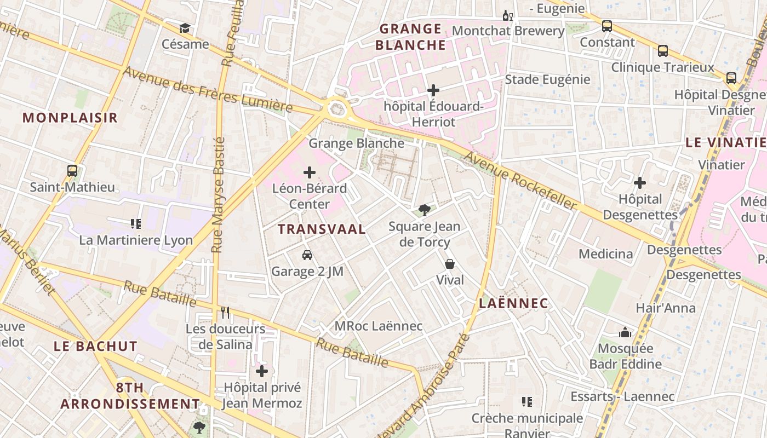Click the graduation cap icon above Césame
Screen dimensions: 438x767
tap(185, 28)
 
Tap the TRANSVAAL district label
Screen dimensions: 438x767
tap(322, 229)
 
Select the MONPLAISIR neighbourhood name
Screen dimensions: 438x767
tap(70, 117)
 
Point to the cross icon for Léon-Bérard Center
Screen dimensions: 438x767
tap(310, 173)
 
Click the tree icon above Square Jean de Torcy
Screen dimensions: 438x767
tap(424, 210)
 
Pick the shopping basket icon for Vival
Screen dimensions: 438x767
tap(450, 264)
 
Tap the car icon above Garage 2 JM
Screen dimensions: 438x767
tap(307, 255)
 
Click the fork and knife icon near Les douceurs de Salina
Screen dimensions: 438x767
tap(225, 313)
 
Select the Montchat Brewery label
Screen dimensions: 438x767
tap(508, 31)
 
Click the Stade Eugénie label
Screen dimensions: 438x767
tap(547, 79)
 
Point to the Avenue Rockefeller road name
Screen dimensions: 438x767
tap(520, 181)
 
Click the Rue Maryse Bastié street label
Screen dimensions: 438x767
tap(219, 194)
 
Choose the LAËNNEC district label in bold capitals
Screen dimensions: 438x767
tap(513, 303)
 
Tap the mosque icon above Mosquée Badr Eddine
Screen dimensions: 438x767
tap(625, 332)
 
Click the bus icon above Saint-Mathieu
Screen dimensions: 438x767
tap(72, 171)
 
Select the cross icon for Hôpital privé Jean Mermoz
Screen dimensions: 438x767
tap(262, 371)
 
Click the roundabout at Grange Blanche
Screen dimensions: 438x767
tap(337, 108)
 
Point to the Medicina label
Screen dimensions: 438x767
tap(605, 254)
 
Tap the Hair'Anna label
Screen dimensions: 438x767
tap(665, 308)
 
